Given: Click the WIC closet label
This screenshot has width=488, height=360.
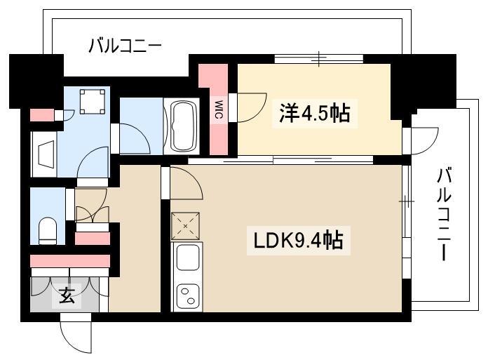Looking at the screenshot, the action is pos(219,109).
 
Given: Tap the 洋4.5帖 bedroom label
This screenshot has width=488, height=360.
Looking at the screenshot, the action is pos(315,114).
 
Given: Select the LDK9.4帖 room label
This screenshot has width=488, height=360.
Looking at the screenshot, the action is pos(299,240).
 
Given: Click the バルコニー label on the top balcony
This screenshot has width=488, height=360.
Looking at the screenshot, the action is pos(125,46).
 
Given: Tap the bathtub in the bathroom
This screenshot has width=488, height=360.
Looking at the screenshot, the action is pos(182,126).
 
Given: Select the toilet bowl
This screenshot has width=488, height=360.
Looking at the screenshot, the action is pos(48,231).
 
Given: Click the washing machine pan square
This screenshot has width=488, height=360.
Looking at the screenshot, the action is pos(93,102).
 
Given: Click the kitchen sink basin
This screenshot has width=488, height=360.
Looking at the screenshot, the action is pos(188,258).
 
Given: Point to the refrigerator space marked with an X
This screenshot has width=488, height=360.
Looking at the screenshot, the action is pos(186,226).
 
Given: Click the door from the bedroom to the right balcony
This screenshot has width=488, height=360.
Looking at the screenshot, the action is pos(425,141).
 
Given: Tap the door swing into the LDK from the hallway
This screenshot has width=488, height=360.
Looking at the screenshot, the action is pos(187,183).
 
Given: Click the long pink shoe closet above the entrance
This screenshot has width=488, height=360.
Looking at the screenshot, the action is pos(70,261).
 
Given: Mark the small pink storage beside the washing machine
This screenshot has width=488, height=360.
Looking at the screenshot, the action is pos(43,115).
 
